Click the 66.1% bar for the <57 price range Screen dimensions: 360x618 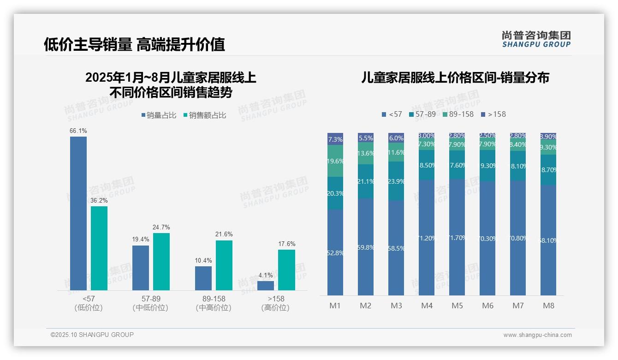[78, 213]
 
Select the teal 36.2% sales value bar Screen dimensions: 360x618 [99, 248]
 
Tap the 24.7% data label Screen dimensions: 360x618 [161, 227]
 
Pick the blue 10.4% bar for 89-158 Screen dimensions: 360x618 [203, 278]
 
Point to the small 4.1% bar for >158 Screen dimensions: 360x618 [266, 286]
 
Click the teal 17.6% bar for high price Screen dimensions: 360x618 [286, 270]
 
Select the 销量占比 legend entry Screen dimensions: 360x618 [159, 115]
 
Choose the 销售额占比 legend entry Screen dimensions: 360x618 [205, 115]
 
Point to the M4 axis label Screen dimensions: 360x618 [427, 306]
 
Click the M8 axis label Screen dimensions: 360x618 [548, 306]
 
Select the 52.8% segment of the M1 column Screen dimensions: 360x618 [335, 252]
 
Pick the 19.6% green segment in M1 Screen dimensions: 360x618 [335, 161]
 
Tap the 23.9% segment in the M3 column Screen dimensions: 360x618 [396, 181]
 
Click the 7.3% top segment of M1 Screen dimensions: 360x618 [335, 139]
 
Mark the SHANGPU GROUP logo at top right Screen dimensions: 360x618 [536, 39]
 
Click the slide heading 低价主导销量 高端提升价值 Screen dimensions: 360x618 [134, 44]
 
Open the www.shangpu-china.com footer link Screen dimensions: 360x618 [537, 335]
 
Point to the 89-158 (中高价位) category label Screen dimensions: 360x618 [214, 303]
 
